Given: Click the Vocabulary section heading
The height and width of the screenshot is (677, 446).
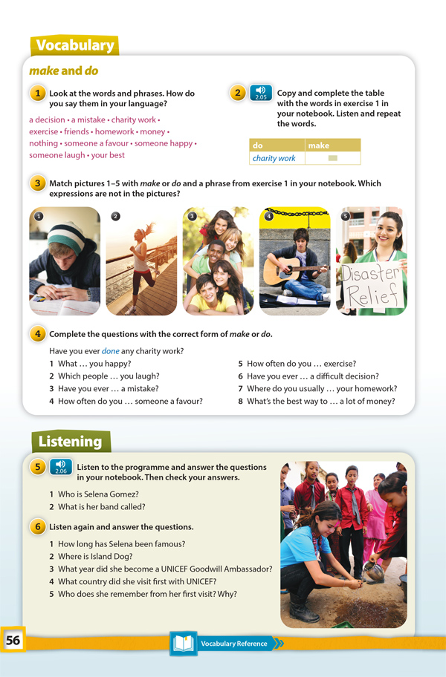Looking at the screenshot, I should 75,46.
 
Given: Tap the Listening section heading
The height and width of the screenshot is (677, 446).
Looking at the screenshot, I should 71,442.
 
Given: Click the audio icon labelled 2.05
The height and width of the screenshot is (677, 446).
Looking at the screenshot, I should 260,93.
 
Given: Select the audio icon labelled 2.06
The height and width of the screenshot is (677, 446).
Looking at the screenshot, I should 61,467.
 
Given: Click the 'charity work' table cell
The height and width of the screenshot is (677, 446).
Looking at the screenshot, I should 274,158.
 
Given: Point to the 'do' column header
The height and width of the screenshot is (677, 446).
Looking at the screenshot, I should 259,145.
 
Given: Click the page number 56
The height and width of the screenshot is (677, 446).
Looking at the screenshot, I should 13,640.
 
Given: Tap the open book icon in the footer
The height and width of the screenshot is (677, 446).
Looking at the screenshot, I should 183,643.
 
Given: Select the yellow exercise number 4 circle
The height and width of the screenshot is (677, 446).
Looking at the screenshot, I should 37,334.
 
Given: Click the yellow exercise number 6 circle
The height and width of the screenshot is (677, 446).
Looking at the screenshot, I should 37,526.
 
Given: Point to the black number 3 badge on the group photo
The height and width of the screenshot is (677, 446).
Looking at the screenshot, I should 192,216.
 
